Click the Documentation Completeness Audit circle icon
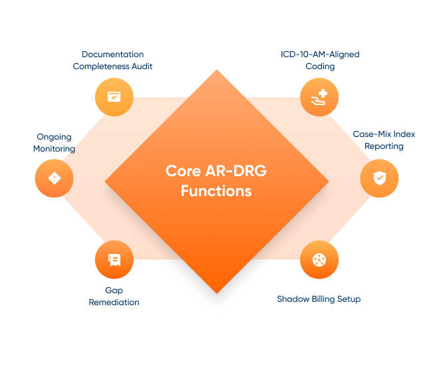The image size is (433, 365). pyautogui.click(x=114, y=97)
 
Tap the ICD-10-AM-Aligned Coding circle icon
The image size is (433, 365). pyautogui.click(x=319, y=97)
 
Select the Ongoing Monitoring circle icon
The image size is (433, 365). pyautogui.click(x=54, y=178)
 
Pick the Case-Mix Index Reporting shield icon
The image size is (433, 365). pyautogui.click(x=379, y=178)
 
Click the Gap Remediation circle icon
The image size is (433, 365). pyautogui.click(x=114, y=259)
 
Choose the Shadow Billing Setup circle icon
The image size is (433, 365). pyautogui.click(x=319, y=259)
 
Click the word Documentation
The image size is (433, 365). pyautogui.click(x=112, y=54)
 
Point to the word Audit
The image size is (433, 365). pyautogui.click(x=142, y=66)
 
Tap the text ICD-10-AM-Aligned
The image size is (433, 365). pyautogui.click(x=320, y=54)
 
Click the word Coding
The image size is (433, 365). pyautogui.click(x=320, y=66)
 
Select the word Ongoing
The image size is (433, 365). pyautogui.click(x=54, y=137)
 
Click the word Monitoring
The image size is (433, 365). pyautogui.click(x=54, y=149)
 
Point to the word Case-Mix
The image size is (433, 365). pyautogui.click(x=372, y=134)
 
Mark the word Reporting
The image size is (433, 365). pyautogui.click(x=384, y=146)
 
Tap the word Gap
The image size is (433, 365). pyautogui.click(x=114, y=291)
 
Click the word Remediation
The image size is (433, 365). pyautogui.click(x=114, y=303)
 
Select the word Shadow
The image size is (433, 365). pyautogui.click(x=293, y=299)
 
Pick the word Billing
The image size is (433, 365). pyautogui.click(x=323, y=299)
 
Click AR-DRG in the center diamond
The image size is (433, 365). pyautogui.click(x=236, y=171)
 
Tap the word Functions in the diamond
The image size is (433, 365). pyautogui.click(x=216, y=191)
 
